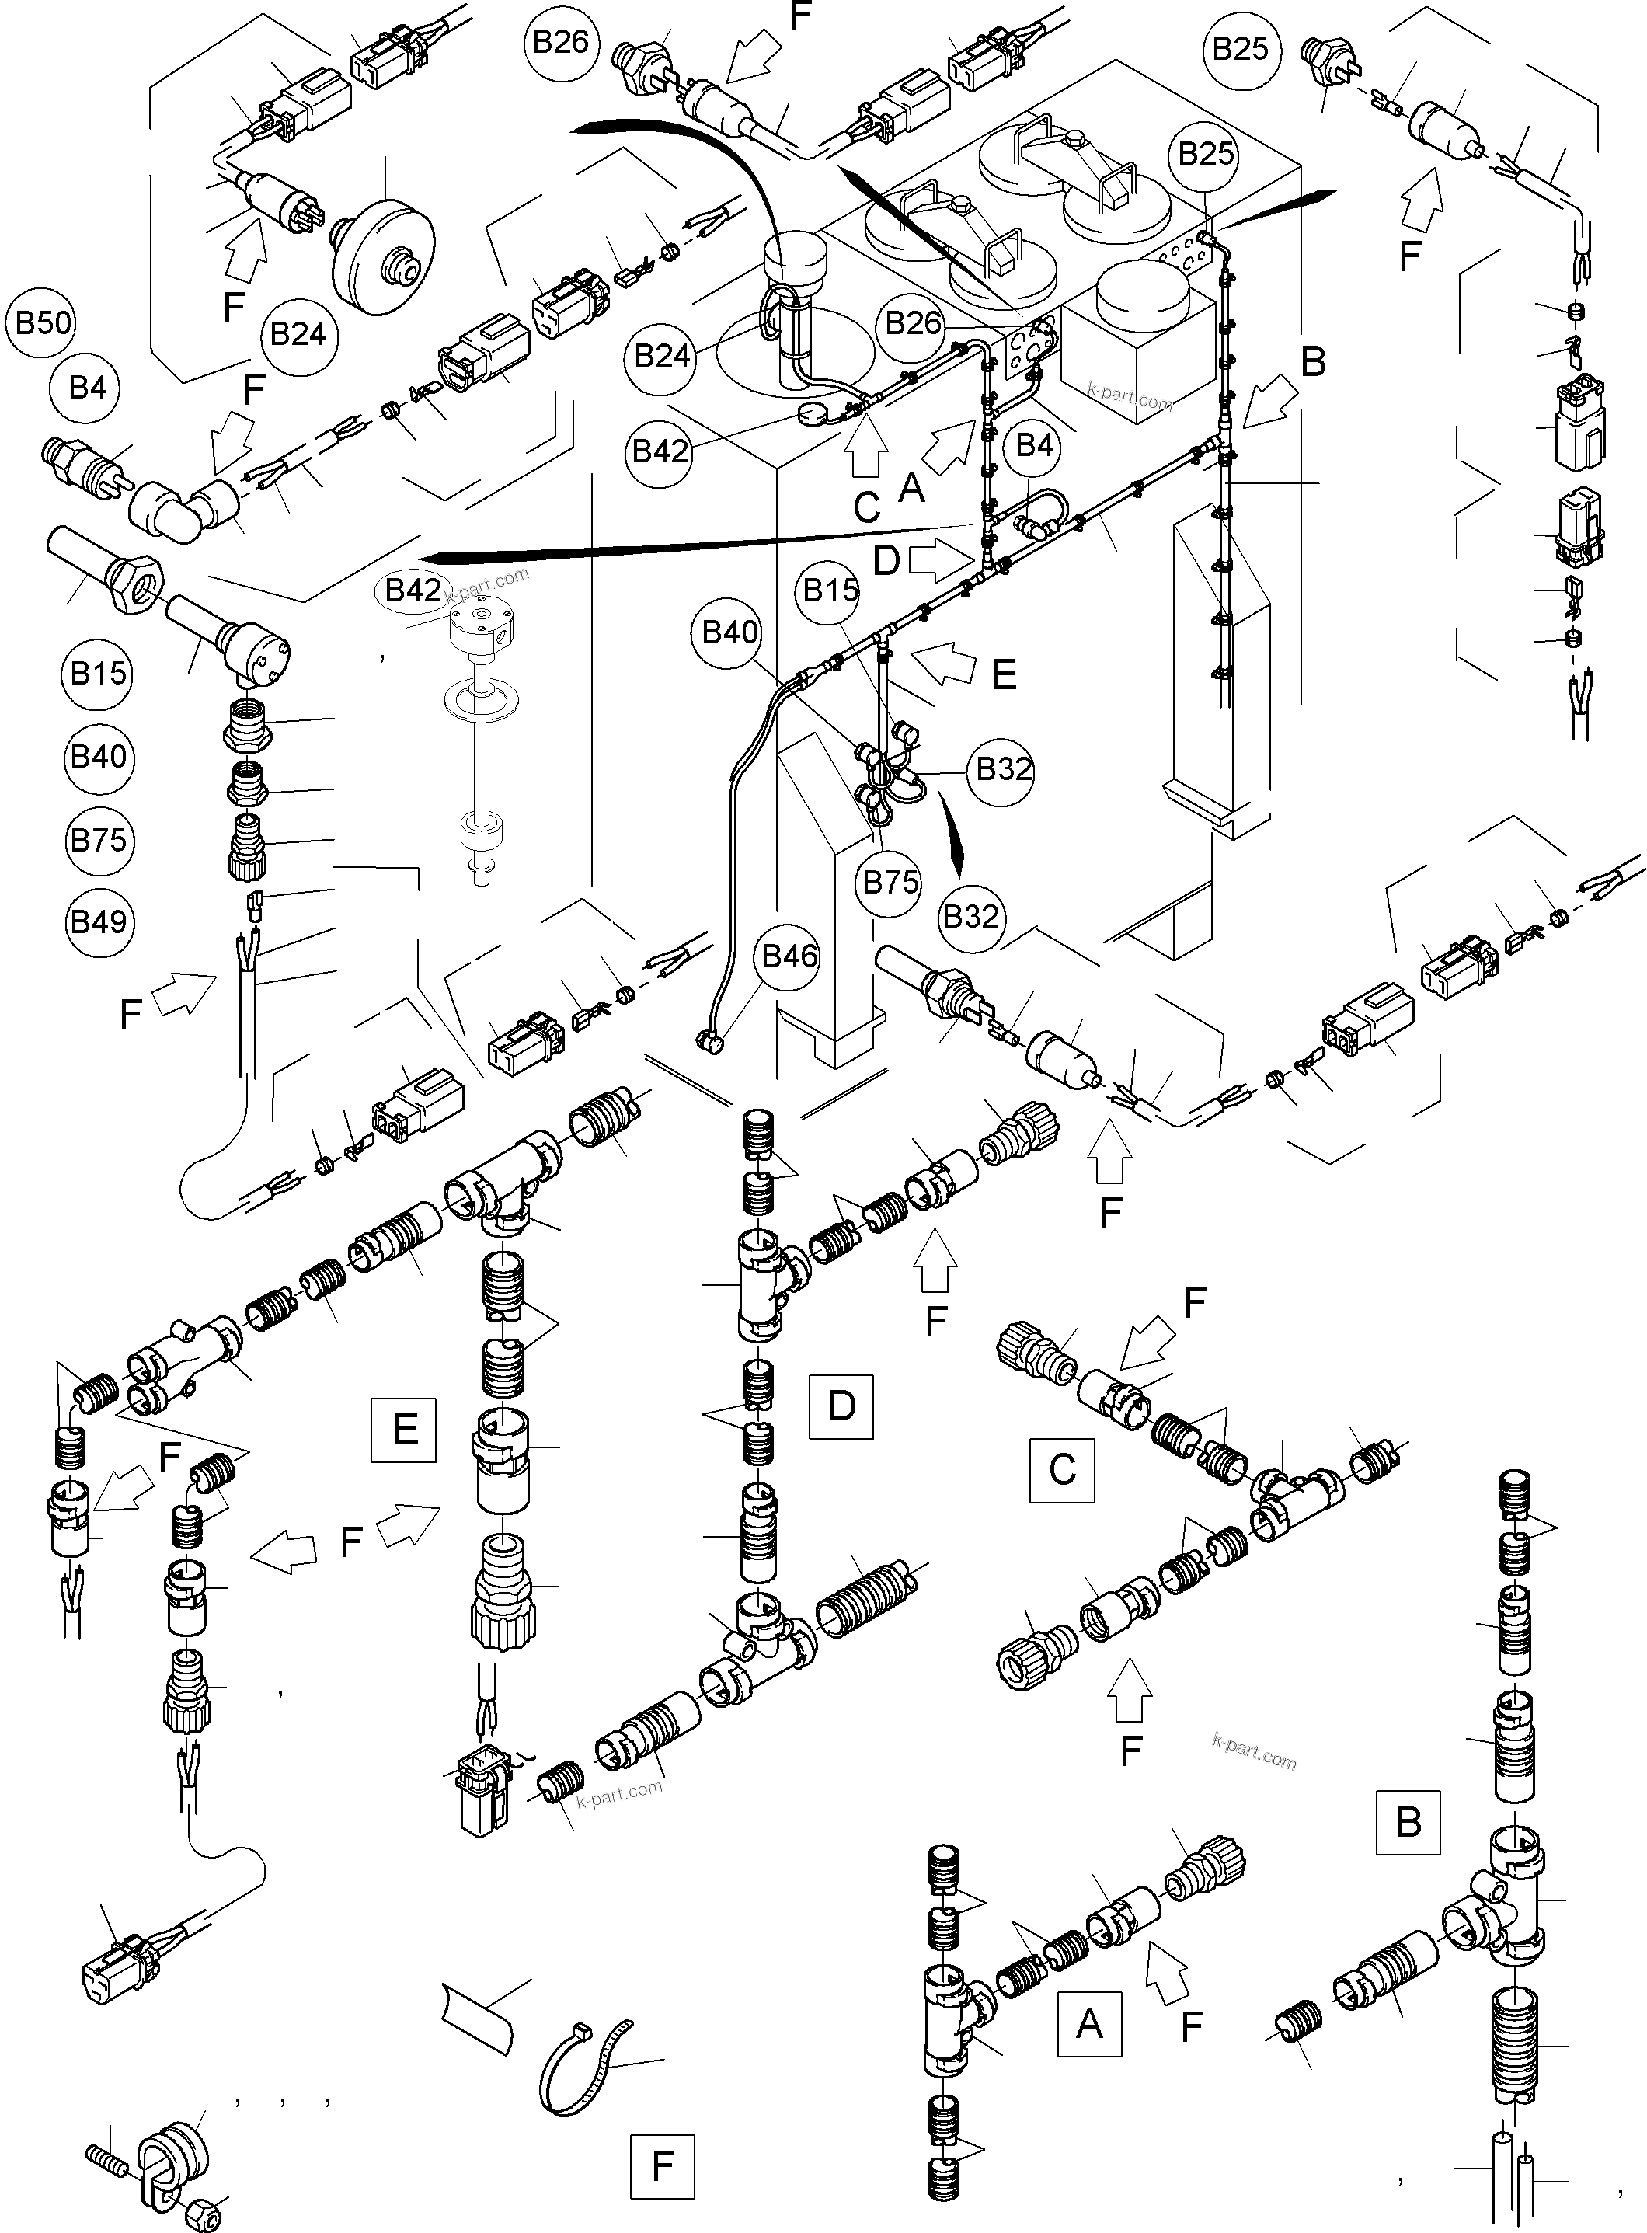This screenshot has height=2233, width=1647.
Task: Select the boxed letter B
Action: [1408, 1821]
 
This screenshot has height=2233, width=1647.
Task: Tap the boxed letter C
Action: [1062, 1469]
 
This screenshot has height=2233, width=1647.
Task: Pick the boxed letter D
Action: [841, 1406]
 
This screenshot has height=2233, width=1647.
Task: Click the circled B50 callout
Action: [42, 324]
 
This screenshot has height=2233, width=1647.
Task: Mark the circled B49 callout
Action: [98, 922]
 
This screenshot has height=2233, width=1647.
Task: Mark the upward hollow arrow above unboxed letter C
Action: [865, 448]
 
